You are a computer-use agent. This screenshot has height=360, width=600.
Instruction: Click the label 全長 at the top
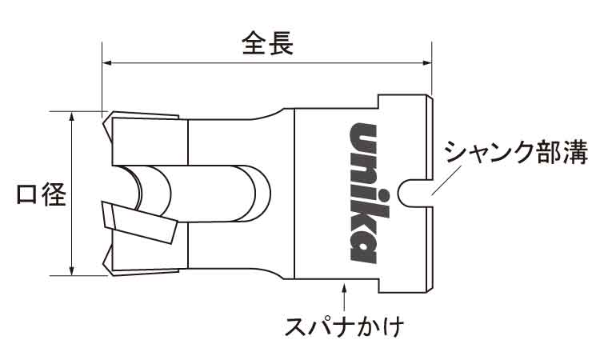point(268,43)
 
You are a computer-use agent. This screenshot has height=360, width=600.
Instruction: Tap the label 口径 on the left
point(42,194)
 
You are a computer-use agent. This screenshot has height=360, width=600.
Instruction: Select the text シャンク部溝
point(516,152)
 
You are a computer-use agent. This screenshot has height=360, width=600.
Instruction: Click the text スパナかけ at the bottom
point(344,326)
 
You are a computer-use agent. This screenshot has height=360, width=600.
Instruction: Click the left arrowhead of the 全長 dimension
point(106,62)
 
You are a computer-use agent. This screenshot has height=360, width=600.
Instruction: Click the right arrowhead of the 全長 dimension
point(426,62)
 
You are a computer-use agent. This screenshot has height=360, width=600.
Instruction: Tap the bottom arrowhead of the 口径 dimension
point(72,270)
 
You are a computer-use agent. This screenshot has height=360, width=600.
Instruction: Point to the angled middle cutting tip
point(140,222)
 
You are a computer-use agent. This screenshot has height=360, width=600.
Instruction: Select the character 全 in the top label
point(254,43)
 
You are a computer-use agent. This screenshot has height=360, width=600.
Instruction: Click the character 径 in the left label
point(54,194)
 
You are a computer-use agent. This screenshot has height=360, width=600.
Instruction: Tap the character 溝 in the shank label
point(577,152)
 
